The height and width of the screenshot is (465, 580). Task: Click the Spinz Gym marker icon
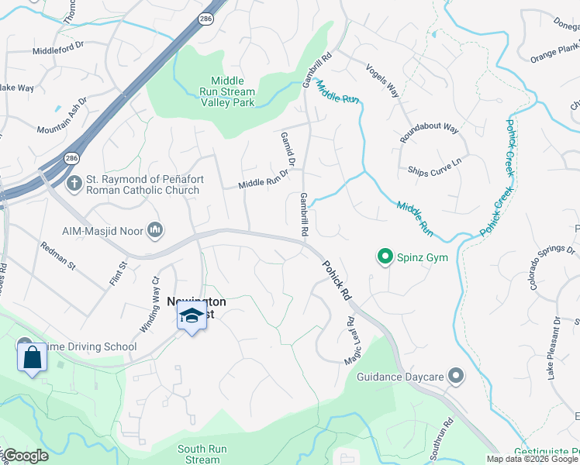point(384,255)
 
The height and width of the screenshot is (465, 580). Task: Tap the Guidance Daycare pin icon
point(455,377)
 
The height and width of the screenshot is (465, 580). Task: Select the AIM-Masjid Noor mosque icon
point(155,229)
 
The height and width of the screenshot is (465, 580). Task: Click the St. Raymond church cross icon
point(74,184)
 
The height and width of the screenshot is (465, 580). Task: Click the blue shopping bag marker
point(32,357)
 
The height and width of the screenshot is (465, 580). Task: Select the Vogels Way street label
point(381,80)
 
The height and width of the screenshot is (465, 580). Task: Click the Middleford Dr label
point(57,50)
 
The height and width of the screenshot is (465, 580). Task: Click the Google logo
point(26,456)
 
